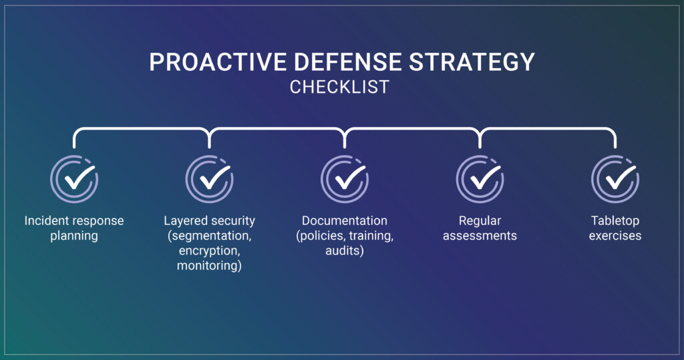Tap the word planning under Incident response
click(x=74, y=236)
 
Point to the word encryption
click(x=209, y=251)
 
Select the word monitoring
click(x=209, y=266)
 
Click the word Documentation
click(x=345, y=221)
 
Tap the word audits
click(x=345, y=251)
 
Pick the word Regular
click(x=480, y=221)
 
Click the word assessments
click(x=480, y=236)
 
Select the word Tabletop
click(x=615, y=221)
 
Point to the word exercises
click(x=615, y=236)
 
